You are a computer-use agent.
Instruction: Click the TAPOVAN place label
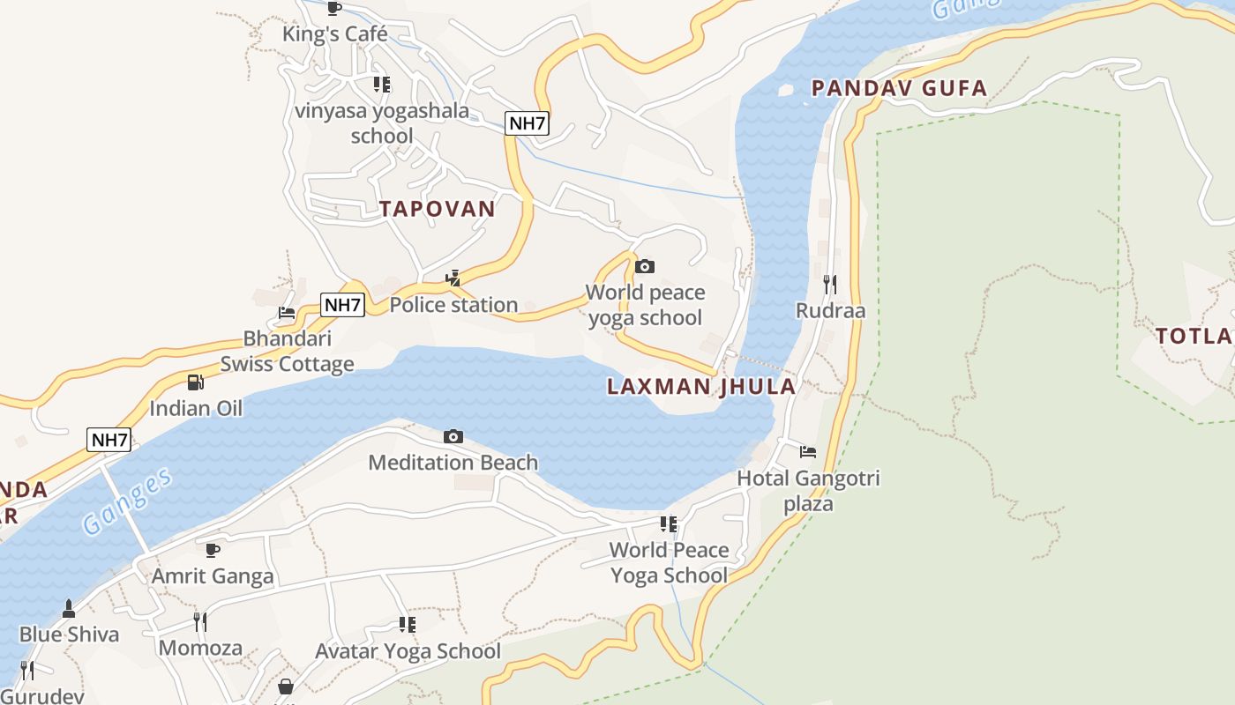[x=437, y=209]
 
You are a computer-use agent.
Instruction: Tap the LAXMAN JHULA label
[x=701, y=386]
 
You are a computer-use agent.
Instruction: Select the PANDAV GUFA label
[x=899, y=88]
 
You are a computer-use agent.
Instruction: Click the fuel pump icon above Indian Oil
[x=195, y=382]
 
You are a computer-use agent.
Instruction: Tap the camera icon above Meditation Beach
[x=453, y=436]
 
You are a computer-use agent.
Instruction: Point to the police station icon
[x=453, y=278]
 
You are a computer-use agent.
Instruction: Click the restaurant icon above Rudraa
[x=829, y=284]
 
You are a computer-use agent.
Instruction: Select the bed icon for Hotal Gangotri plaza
[x=808, y=452]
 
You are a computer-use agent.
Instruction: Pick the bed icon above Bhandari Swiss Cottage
[x=287, y=312]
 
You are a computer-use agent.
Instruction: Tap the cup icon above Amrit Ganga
[x=213, y=550]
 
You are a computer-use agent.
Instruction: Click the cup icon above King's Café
[x=334, y=8]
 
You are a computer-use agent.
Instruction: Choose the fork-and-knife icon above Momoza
[x=200, y=622]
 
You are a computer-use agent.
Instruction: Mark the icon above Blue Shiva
[x=69, y=608]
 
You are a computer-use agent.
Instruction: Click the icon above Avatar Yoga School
[x=408, y=625]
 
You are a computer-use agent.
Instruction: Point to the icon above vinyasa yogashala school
[x=382, y=85]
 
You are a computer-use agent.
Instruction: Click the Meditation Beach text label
[x=453, y=463]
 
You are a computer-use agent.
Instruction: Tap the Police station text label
[x=453, y=305]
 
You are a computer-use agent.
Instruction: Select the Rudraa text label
[x=830, y=311]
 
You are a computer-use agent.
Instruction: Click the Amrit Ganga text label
[x=213, y=576]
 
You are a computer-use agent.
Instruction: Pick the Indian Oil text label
[x=195, y=408]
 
